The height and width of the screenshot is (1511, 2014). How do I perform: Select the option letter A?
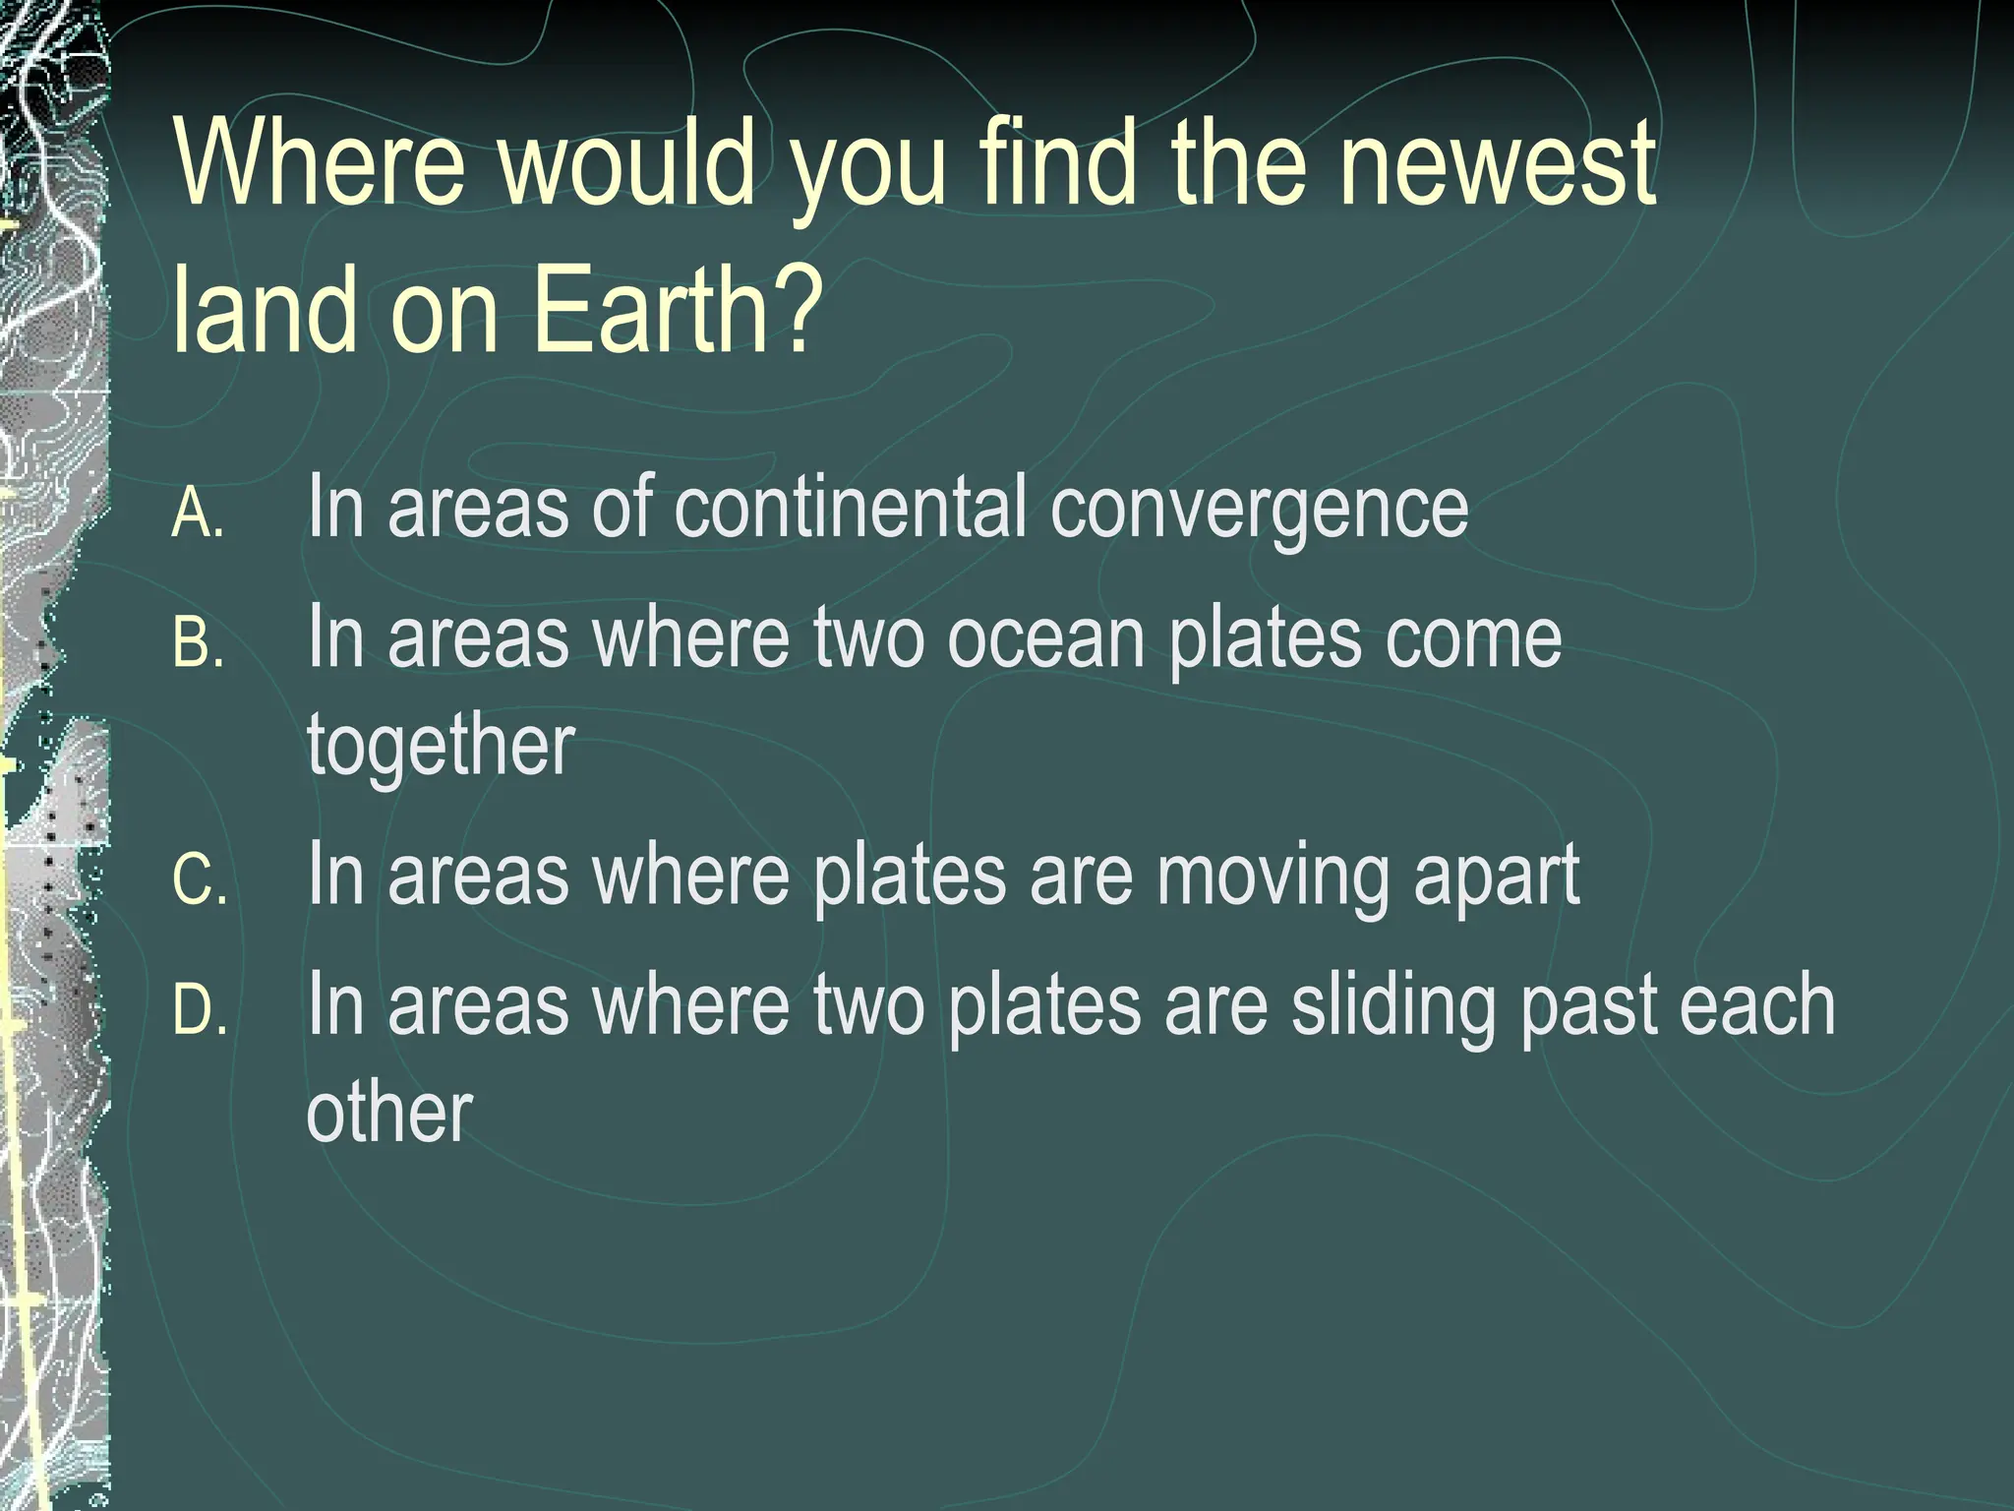[198, 514]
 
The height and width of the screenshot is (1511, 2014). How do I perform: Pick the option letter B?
[198, 643]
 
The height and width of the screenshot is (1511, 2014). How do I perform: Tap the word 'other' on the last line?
[389, 1114]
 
